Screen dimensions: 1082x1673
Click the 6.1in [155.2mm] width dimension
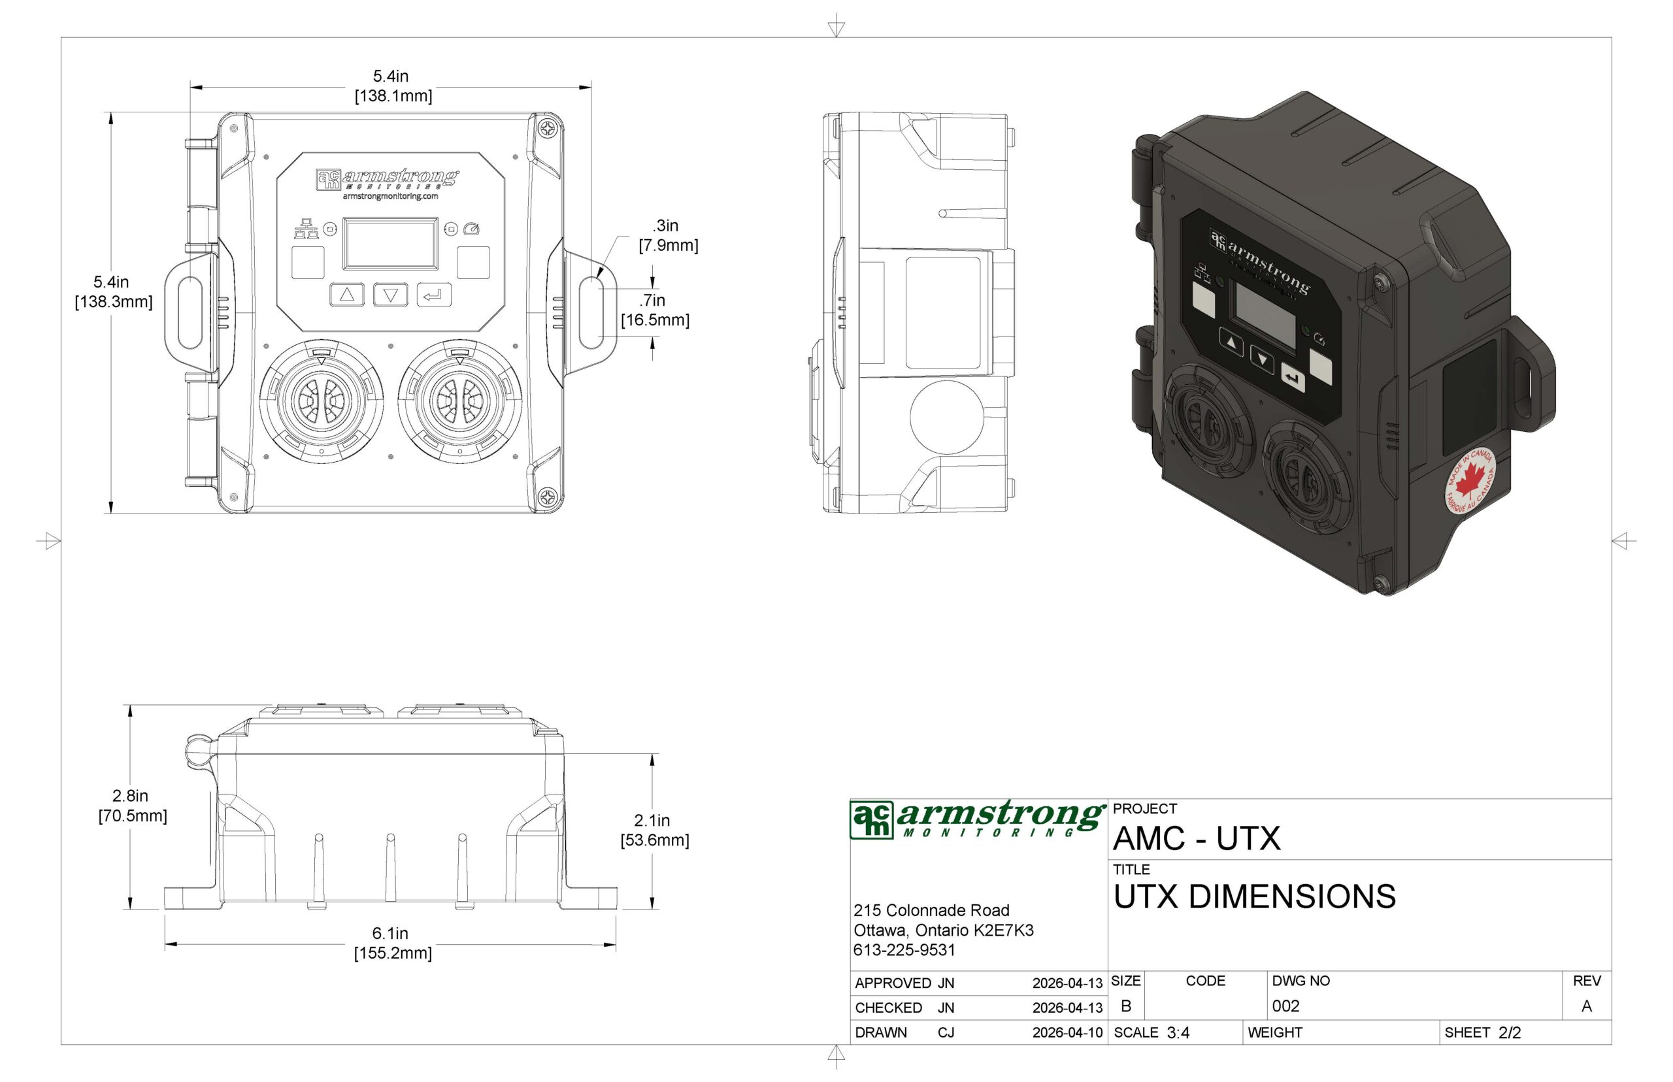pyautogui.click(x=391, y=943)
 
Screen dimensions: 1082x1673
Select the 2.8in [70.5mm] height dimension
pyautogui.click(x=131, y=806)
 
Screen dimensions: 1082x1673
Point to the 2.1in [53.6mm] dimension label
pyautogui.click(x=654, y=830)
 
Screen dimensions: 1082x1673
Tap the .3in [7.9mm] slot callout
pyautogui.click(x=667, y=235)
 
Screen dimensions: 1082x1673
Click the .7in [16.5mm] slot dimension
pyautogui.click(x=654, y=310)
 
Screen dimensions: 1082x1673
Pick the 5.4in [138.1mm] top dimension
pyautogui.click(x=392, y=86)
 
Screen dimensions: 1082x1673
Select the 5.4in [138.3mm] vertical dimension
pyautogui.click(x=112, y=291)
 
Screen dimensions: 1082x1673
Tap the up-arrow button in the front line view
pyautogui.click(x=346, y=295)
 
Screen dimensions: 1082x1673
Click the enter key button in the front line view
pyautogui.click(x=433, y=295)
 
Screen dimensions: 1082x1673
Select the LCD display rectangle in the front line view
pyautogui.click(x=390, y=243)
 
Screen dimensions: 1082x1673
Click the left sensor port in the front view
pyautogui.click(x=321, y=401)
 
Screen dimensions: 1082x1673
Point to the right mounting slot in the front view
pyautogui.click(x=591, y=312)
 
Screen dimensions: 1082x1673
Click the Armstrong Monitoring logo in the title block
pyautogui.click(x=976, y=819)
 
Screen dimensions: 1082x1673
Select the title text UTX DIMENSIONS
pyautogui.click(x=1253, y=897)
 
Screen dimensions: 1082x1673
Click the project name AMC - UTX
pyautogui.click(x=1196, y=838)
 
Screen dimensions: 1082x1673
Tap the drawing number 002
pyautogui.click(x=1285, y=1006)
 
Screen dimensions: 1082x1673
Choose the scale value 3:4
pyautogui.click(x=1178, y=1033)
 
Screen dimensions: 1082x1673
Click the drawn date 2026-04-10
pyautogui.click(x=1067, y=1033)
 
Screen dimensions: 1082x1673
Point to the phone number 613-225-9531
pyautogui.click(x=904, y=950)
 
